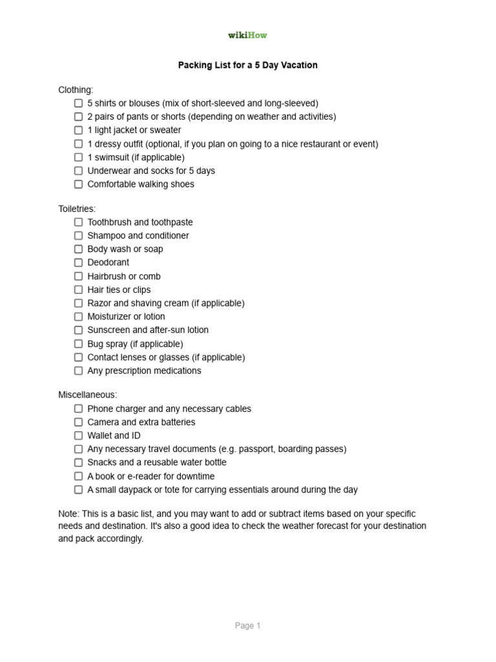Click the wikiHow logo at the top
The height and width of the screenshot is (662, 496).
pyautogui.click(x=247, y=36)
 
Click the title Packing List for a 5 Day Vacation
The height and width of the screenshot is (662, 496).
pyautogui.click(x=248, y=65)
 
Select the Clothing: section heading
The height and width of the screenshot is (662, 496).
pyautogui.click(x=76, y=90)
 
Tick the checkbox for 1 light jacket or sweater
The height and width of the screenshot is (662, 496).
pyautogui.click(x=78, y=130)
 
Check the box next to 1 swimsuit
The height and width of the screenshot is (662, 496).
pyautogui.click(x=78, y=157)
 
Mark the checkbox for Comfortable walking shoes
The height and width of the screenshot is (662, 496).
pyautogui.click(x=78, y=184)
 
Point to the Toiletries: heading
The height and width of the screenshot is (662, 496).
pyautogui.click(x=77, y=209)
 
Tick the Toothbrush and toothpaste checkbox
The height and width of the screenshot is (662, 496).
pyautogui.click(x=78, y=222)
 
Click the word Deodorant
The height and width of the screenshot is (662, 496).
pyautogui.click(x=108, y=262)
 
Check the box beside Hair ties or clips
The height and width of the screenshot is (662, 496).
pyautogui.click(x=78, y=290)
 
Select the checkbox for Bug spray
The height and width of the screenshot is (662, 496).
pyautogui.click(x=78, y=344)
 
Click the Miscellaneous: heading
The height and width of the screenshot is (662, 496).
pyautogui.click(x=88, y=395)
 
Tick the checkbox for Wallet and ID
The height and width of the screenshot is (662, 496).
pyautogui.click(x=78, y=436)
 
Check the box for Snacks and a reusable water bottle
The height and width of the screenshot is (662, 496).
pyautogui.click(x=78, y=463)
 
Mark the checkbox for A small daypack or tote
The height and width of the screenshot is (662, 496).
pyautogui.click(x=78, y=490)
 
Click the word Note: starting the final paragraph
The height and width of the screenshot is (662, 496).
pyautogui.click(x=68, y=513)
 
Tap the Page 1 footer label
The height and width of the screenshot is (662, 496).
pyautogui.click(x=248, y=626)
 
